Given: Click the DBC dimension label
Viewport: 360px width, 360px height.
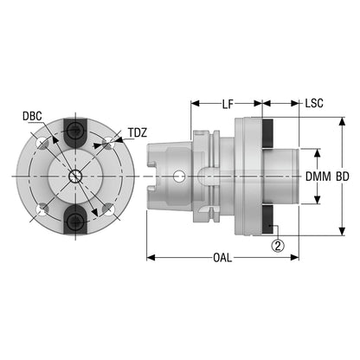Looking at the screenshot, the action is [32, 116].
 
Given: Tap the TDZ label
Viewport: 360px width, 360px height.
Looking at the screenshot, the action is [138, 132].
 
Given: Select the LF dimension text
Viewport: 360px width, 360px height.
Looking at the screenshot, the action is [228, 104].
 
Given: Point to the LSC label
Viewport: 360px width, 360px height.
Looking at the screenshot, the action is [314, 103].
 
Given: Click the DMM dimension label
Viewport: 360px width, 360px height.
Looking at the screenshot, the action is [318, 177].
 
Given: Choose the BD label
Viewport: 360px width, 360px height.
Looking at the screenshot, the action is [343, 177].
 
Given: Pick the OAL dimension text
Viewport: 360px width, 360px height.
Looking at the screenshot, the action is [222, 258].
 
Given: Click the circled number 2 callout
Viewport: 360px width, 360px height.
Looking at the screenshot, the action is [278, 246].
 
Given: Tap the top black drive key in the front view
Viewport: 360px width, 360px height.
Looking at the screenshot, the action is [75, 132].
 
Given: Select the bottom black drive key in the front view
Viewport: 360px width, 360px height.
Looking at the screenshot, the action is [75, 219].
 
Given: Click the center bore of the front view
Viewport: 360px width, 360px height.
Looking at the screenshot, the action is [75, 176].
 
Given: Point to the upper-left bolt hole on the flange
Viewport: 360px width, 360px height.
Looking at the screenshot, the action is [42, 143].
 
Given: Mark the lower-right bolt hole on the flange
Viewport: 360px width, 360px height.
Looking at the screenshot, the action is [109, 209].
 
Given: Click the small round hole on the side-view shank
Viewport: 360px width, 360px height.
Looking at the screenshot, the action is [179, 177].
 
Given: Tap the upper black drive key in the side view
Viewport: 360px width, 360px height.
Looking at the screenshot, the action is [267, 133].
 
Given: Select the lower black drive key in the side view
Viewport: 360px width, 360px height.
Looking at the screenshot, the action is [267, 219].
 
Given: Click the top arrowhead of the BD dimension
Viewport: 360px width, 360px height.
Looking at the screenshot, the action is [342, 121].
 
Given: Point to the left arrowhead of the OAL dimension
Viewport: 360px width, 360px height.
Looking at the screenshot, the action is [151, 257].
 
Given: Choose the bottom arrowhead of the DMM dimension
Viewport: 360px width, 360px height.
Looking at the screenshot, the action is [317, 200].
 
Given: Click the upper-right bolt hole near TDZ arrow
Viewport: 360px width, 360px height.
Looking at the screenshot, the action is [109, 143].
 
